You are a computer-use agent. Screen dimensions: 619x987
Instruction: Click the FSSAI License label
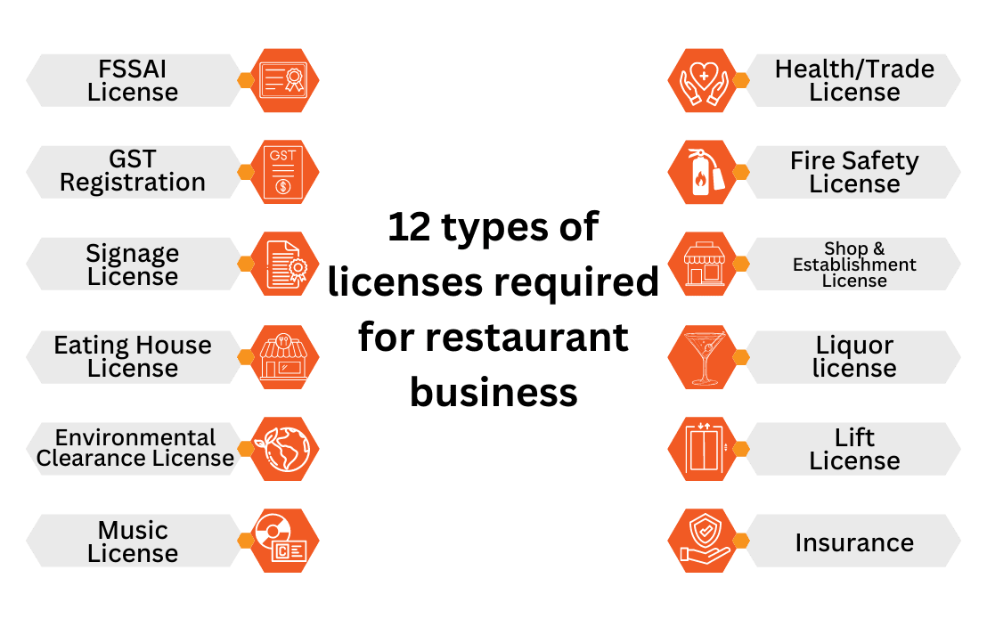(x=133, y=80)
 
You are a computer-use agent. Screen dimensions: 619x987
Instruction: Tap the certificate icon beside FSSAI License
(x=284, y=80)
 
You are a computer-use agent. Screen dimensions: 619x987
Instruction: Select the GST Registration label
(x=133, y=171)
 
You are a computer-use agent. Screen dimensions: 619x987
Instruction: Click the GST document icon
(x=284, y=171)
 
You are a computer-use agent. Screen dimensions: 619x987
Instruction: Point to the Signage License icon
(x=284, y=264)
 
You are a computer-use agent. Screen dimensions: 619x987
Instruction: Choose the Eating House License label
(x=133, y=356)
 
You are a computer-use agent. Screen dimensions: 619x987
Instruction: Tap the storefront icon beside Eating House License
(x=284, y=356)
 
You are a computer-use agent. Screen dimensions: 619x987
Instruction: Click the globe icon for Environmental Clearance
(x=284, y=449)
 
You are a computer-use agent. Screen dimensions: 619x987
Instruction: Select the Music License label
(x=133, y=542)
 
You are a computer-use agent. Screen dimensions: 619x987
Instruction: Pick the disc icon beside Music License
(x=284, y=542)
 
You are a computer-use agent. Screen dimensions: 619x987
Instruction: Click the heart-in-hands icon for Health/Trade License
(x=703, y=80)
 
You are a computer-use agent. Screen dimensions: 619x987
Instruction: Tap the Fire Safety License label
(x=854, y=172)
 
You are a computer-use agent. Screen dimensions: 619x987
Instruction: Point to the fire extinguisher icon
(x=703, y=172)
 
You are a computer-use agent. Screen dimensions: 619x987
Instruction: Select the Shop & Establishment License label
(x=854, y=265)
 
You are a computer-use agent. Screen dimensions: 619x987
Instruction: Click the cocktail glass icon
(x=703, y=356)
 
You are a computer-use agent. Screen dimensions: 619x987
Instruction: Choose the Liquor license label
(x=854, y=356)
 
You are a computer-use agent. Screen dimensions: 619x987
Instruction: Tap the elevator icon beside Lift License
(x=703, y=449)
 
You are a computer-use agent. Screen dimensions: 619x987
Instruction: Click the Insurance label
(x=854, y=542)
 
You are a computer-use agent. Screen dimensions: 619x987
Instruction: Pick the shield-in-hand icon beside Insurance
(x=703, y=542)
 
